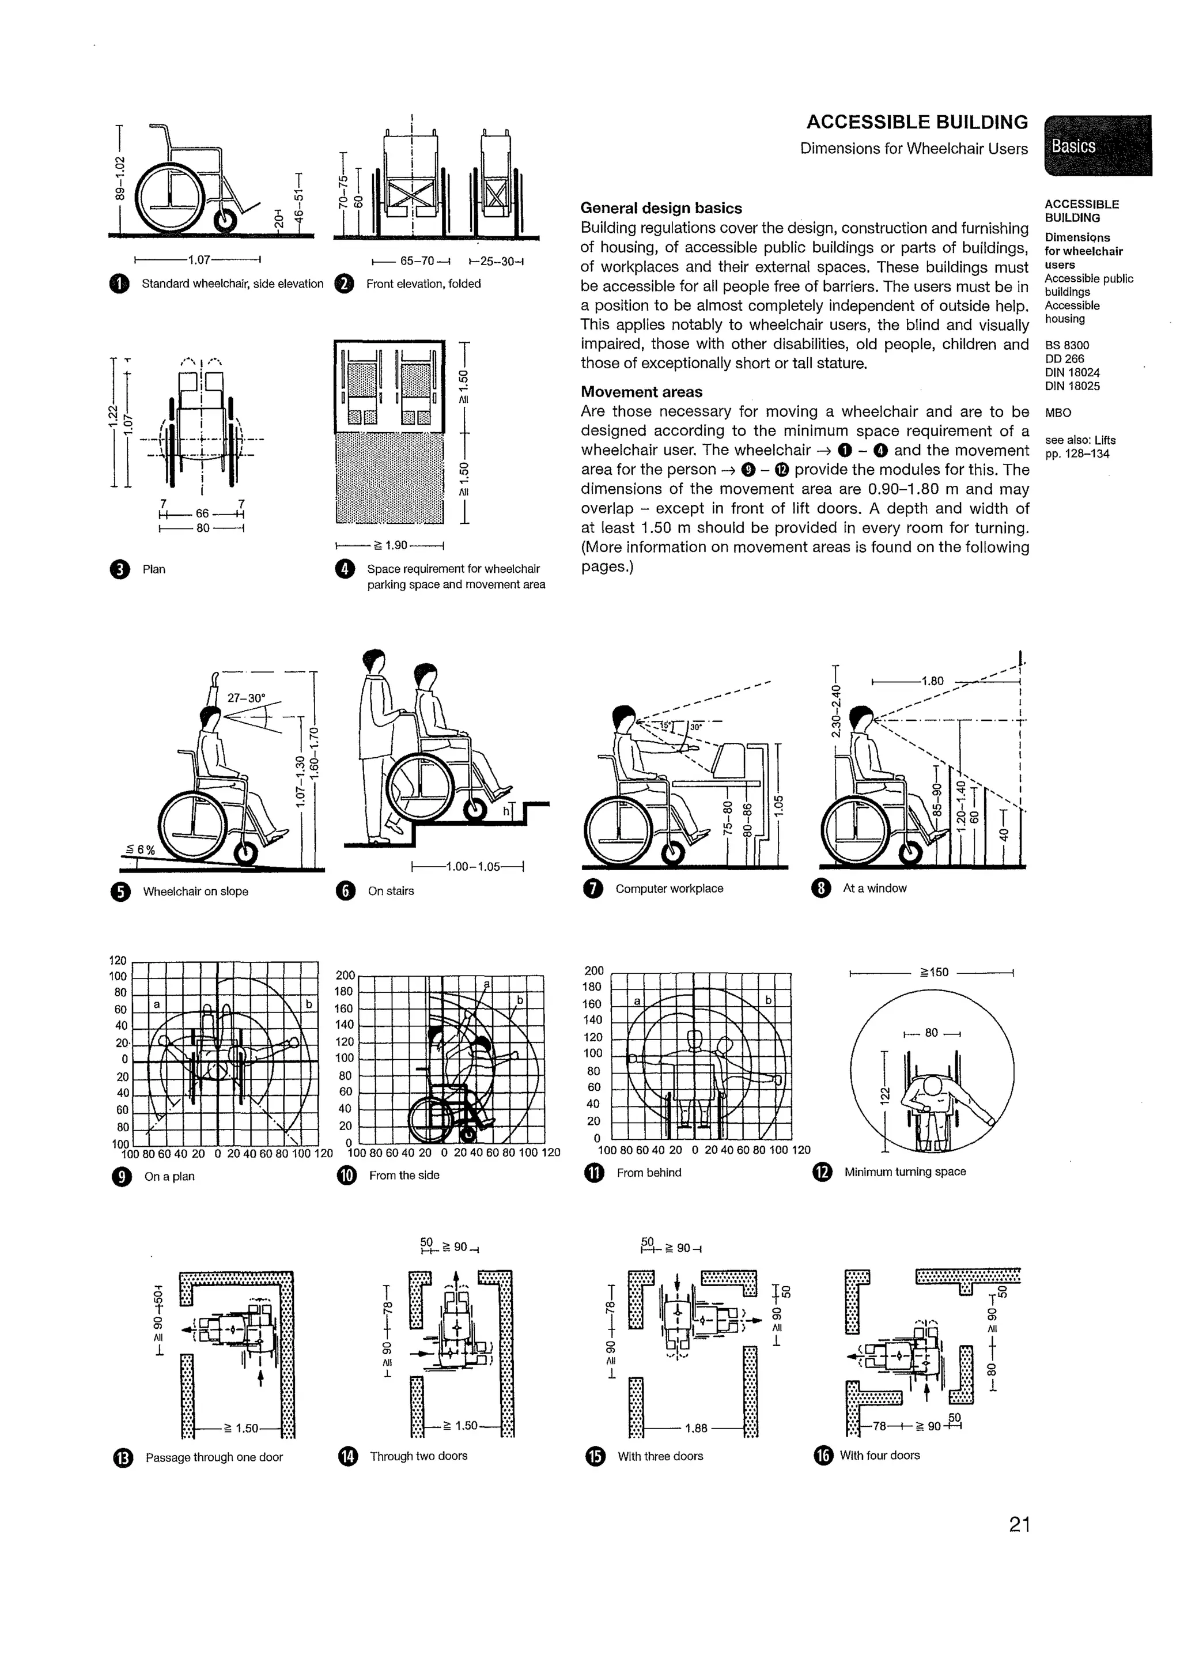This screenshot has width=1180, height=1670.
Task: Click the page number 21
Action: click(1019, 1524)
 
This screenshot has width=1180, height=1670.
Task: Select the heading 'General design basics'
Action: click(661, 208)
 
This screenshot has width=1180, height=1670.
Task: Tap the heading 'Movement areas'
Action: click(641, 392)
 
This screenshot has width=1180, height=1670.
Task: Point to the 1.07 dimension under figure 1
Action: click(198, 259)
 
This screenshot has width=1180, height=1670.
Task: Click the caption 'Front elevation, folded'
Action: click(423, 284)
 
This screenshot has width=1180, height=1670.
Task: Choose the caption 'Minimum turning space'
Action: click(905, 1172)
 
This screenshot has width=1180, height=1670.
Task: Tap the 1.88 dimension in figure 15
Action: click(696, 1428)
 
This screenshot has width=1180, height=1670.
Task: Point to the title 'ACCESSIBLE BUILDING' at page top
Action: click(917, 122)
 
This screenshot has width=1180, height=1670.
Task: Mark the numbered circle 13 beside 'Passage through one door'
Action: click(122, 1457)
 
